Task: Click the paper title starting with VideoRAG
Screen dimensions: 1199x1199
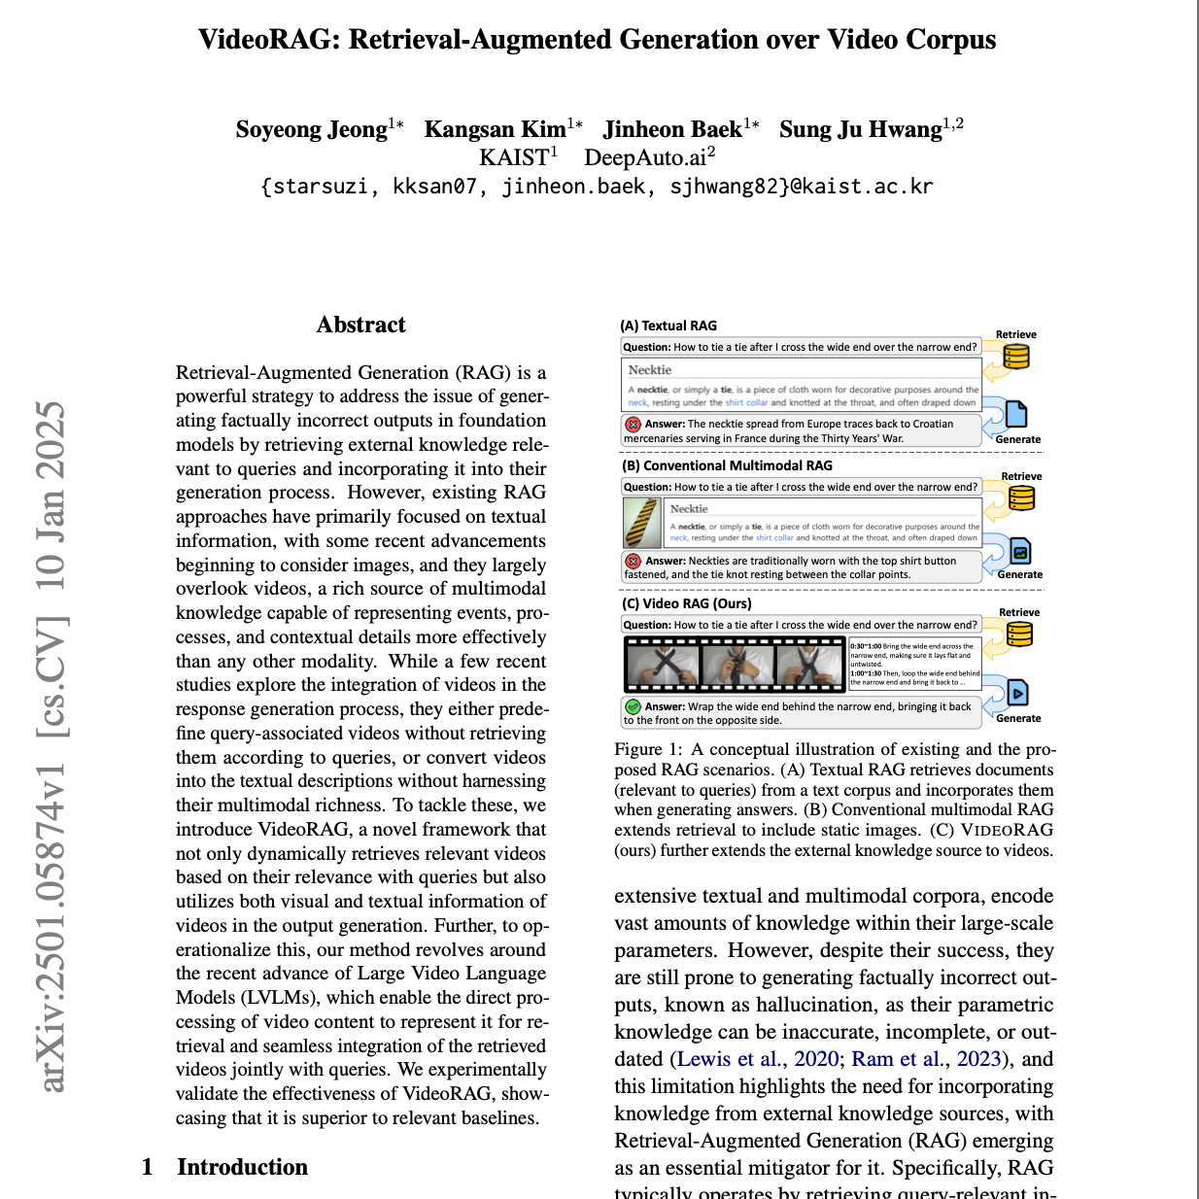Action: tap(597, 40)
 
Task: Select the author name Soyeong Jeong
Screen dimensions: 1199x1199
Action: tap(312, 130)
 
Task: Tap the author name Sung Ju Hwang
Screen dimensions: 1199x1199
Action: tap(861, 130)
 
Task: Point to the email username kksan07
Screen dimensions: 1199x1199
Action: tap(434, 187)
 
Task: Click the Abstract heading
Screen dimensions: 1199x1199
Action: tap(360, 325)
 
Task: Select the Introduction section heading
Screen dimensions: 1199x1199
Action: tap(242, 1167)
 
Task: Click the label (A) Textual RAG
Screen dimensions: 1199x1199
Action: tap(668, 325)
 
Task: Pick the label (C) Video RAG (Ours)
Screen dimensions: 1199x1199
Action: tap(687, 603)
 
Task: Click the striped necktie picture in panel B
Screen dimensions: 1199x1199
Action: tap(642, 523)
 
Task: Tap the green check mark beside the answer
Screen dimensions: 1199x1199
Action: tap(633, 706)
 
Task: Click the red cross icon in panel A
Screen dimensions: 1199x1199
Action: tap(633, 425)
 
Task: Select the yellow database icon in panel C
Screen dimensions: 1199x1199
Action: tap(1019, 634)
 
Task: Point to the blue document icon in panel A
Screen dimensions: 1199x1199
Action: tap(1015, 415)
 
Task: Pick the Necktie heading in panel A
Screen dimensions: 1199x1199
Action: tap(650, 370)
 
